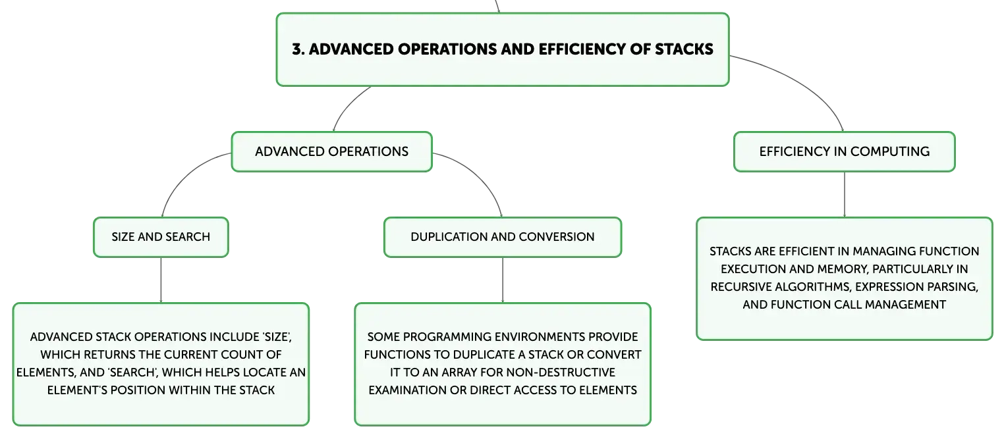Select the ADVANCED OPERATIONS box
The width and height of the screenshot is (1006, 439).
[x=332, y=152]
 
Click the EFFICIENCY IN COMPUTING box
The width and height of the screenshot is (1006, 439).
[x=845, y=152]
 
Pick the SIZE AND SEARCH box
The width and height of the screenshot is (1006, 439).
[x=161, y=237]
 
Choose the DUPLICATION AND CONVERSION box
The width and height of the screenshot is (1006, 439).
[x=503, y=237]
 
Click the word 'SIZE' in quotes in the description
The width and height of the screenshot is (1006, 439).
[x=276, y=337]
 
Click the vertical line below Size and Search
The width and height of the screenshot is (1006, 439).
[x=161, y=280]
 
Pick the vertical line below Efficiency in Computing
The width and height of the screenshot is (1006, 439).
[x=845, y=194]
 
